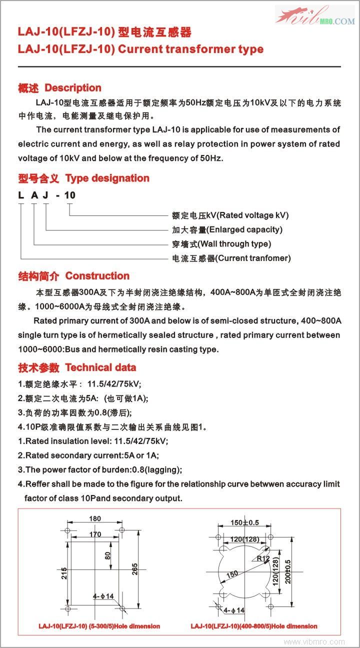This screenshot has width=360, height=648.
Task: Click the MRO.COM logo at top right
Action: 315,16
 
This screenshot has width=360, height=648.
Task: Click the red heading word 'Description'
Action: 73,88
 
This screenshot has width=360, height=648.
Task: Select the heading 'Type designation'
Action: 107,178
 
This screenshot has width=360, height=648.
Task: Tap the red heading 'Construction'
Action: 97,276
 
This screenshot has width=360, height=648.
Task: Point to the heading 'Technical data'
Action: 100,367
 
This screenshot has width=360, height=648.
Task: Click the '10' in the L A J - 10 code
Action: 70,195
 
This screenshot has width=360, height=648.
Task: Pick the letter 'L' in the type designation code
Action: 21,195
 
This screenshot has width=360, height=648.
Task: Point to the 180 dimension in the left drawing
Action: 95,519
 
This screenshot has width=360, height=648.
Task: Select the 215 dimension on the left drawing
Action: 64,572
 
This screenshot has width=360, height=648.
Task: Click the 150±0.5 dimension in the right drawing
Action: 245,522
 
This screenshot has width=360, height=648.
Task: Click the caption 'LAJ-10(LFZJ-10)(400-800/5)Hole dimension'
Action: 254,626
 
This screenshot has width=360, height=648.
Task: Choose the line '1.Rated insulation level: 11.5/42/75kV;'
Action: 93,441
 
